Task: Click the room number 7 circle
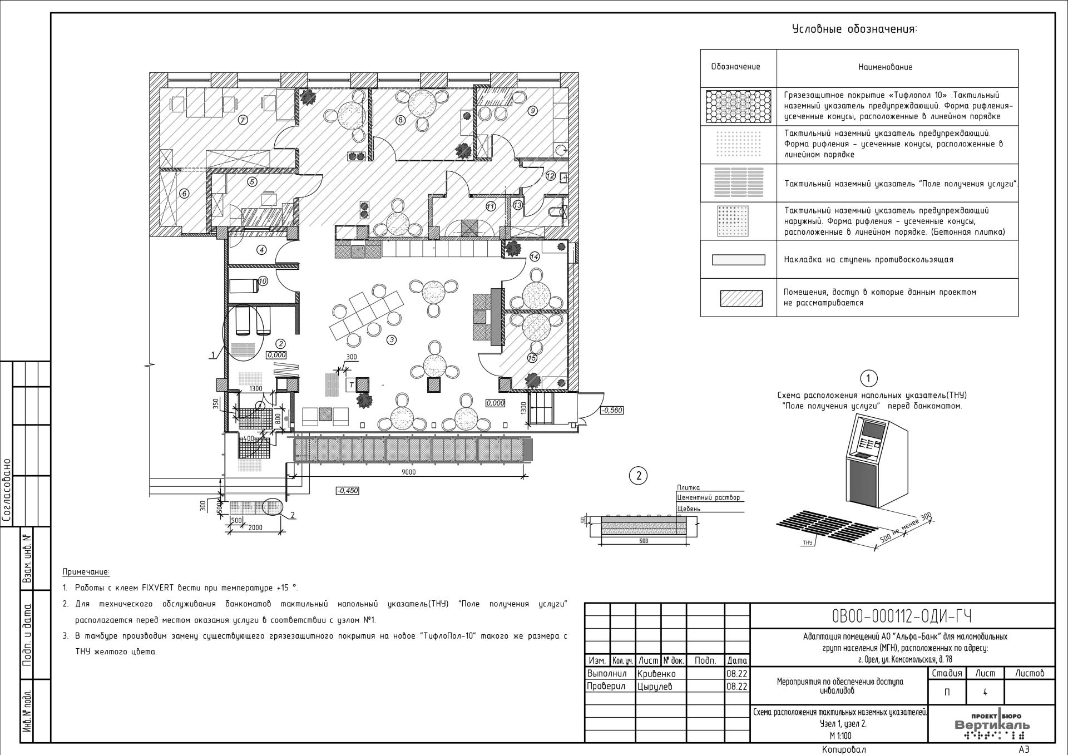[x=243, y=120]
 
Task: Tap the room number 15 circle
[x=532, y=358]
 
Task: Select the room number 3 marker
[x=392, y=339]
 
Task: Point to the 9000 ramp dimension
[x=408, y=472]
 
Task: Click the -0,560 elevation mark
[x=612, y=410]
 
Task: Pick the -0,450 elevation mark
[x=348, y=491]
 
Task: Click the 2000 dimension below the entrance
[x=255, y=527]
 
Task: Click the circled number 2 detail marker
[x=639, y=476]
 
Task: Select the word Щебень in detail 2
[x=689, y=509]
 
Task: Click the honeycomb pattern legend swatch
[x=739, y=106]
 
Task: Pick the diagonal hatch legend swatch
[x=741, y=298]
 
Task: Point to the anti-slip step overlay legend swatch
[x=739, y=260]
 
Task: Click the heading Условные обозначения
[x=854, y=29]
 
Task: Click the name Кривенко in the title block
[x=656, y=674]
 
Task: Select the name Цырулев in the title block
[x=655, y=687]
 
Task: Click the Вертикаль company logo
[x=992, y=726]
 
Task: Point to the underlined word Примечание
[x=86, y=572]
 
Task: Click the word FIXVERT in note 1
[x=161, y=588]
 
